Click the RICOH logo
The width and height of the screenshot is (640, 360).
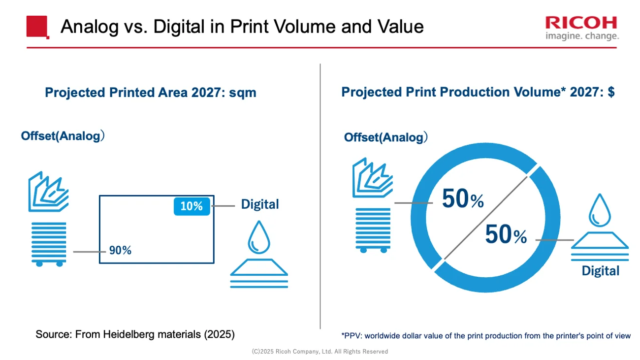pyautogui.click(x=581, y=23)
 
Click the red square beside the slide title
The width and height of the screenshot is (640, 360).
pyautogui.click(x=37, y=27)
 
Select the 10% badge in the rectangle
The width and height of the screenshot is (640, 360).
pyautogui.click(x=192, y=206)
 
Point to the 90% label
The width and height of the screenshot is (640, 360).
pyautogui.click(x=120, y=250)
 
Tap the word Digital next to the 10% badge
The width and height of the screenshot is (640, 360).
pyautogui.click(x=259, y=204)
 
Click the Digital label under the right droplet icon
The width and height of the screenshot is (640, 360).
pyautogui.click(x=600, y=271)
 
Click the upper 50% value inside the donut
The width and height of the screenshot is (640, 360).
pyautogui.click(x=462, y=199)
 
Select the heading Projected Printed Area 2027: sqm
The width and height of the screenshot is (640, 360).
pyautogui.click(x=151, y=93)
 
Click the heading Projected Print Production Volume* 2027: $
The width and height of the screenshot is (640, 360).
pyautogui.click(x=478, y=92)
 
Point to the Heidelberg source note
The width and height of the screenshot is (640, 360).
pyautogui.click(x=135, y=334)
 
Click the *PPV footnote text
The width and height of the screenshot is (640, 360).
pyautogui.click(x=485, y=336)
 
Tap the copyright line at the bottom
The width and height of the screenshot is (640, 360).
pyautogui.click(x=320, y=352)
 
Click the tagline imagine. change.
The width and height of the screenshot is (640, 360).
pyautogui.click(x=582, y=36)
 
